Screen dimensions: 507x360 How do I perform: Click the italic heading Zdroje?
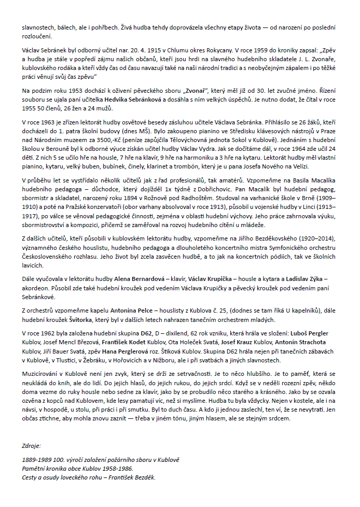31,445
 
